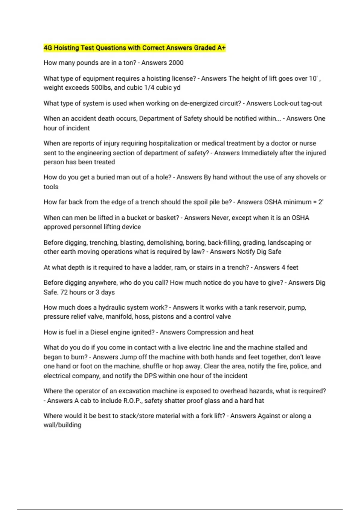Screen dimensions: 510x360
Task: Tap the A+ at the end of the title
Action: [221, 48]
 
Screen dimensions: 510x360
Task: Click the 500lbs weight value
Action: [101, 88]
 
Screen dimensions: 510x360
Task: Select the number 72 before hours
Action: [64, 292]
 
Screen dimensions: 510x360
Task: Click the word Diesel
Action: [101, 332]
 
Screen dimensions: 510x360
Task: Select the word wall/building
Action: [62, 425]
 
